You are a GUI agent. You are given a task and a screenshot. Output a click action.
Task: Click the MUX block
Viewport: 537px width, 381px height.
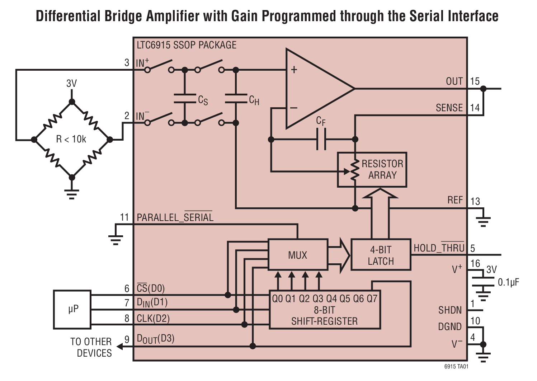(x=298, y=255)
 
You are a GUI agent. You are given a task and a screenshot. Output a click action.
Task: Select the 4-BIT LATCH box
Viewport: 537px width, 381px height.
(x=381, y=255)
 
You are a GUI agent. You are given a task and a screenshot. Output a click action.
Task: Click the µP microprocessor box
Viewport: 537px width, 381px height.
(x=72, y=309)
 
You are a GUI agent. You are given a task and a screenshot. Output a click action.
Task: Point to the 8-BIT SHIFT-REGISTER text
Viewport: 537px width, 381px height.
(x=324, y=316)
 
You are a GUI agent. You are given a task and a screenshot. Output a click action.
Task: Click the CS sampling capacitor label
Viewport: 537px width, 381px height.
(x=203, y=100)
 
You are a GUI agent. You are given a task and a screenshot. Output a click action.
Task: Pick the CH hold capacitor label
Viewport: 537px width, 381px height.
(x=254, y=100)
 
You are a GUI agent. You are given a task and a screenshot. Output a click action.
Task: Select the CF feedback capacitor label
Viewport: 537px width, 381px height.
(x=321, y=121)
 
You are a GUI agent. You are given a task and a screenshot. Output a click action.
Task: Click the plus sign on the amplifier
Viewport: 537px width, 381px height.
(x=294, y=70)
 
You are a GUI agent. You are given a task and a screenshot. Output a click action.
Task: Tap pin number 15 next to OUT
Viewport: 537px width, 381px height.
(x=475, y=81)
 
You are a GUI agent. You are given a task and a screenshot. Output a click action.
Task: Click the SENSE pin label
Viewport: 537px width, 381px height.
(x=449, y=108)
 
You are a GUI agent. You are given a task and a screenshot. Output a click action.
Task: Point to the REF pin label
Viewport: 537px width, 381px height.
(x=455, y=200)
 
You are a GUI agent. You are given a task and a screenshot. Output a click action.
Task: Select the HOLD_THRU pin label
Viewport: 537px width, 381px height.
(x=439, y=248)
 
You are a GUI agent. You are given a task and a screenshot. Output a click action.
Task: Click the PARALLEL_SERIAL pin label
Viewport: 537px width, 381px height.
(x=175, y=217)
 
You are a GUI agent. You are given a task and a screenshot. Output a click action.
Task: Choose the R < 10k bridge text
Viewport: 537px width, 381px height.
(x=71, y=139)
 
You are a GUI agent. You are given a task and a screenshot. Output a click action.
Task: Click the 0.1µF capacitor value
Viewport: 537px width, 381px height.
(x=508, y=283)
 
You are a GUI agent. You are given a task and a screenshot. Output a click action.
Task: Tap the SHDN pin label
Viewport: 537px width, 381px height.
(x=450, y=310)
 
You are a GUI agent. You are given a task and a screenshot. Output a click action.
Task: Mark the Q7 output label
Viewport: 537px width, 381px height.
(x=372, y=298)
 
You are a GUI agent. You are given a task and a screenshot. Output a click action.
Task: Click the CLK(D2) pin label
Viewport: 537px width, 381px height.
(x=153, y=318)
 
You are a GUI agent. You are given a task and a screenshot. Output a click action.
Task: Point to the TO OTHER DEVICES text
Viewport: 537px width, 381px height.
(x=91, y=347)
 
